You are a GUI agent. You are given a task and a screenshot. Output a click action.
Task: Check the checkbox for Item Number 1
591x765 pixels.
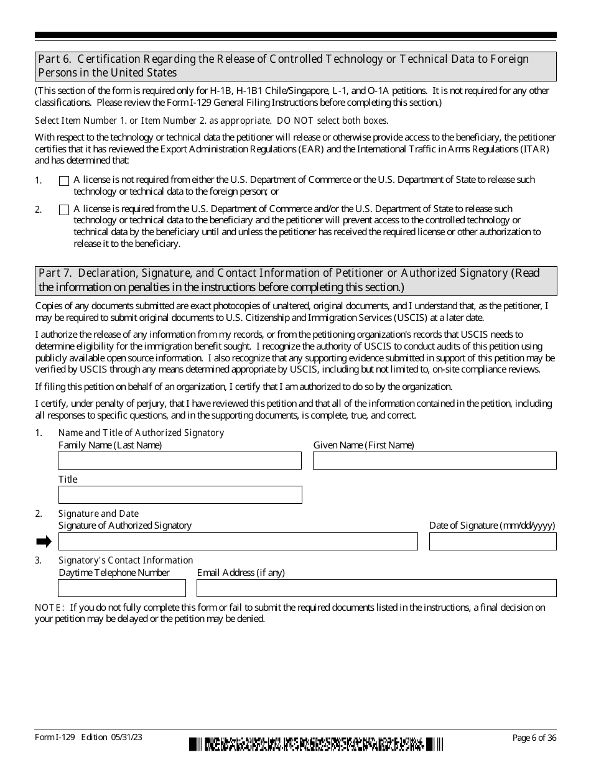pos(63,181)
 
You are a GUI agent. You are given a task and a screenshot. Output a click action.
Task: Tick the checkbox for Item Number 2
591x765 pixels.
pos(63,210)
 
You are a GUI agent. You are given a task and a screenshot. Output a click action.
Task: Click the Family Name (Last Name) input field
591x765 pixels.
pos(180,460)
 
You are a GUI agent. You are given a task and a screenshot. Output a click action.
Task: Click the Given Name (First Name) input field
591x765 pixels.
pos(434,460)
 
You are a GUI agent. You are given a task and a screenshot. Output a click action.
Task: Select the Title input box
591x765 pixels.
pos(180,494)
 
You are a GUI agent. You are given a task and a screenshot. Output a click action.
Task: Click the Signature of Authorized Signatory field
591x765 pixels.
pos(238,541)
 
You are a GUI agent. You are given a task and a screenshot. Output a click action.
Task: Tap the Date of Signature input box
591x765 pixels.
pos(492,541)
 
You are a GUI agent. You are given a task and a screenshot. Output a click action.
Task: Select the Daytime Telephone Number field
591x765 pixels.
pos(122,588)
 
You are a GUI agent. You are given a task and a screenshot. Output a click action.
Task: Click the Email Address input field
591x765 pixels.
pos(376,588)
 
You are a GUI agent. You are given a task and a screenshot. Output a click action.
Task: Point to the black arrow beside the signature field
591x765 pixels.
pos(44,542)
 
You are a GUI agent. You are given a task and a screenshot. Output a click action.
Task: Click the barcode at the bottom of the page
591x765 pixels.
pos(317,743)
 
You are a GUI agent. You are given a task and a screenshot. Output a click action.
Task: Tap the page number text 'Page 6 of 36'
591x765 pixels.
pos(534,738)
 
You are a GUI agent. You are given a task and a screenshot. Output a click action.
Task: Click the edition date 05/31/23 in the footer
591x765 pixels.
pos(128,738)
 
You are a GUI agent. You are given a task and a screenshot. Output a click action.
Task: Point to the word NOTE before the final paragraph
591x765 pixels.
pos(48,608)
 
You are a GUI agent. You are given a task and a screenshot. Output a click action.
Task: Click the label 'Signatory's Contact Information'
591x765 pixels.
pos(126,560)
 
